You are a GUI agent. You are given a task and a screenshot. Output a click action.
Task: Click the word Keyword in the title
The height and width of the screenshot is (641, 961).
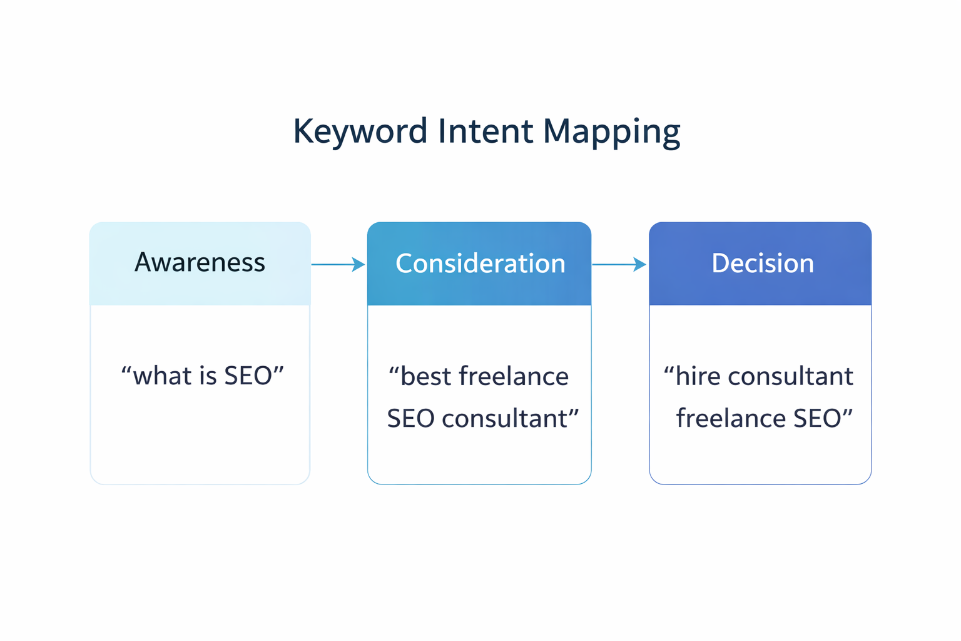coord(360,131)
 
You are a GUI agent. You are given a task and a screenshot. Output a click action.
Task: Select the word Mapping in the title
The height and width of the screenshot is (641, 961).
coord(611,131)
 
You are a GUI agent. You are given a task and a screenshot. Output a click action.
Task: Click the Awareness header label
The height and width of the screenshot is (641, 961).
coord(200,262)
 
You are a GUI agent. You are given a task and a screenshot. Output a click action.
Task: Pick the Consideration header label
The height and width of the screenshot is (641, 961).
coord(480,264)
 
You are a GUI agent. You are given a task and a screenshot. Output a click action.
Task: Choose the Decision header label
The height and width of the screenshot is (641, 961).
coord(762,264)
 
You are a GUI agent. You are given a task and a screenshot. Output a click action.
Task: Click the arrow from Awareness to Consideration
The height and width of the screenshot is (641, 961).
coord(338,264)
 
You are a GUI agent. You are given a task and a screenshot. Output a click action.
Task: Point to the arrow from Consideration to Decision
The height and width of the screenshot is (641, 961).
coord(618,264)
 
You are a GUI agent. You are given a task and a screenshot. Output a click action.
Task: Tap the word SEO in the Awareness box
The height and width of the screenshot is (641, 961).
coord(248,376)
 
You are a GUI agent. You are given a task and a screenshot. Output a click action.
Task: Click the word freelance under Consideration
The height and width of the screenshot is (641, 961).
coord(514,376)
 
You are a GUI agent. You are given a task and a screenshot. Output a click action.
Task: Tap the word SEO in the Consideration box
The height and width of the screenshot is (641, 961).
coord(410,418)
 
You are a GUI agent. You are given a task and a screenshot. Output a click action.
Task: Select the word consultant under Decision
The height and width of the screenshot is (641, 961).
coord(790,376)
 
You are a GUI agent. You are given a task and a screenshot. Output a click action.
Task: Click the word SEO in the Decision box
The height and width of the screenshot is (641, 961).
coord(816,418)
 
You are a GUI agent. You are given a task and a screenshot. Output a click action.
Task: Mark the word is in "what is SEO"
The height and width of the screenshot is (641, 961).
coord(208,376)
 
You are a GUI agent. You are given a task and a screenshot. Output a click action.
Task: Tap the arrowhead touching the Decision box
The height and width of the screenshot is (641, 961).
coord(641,264)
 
